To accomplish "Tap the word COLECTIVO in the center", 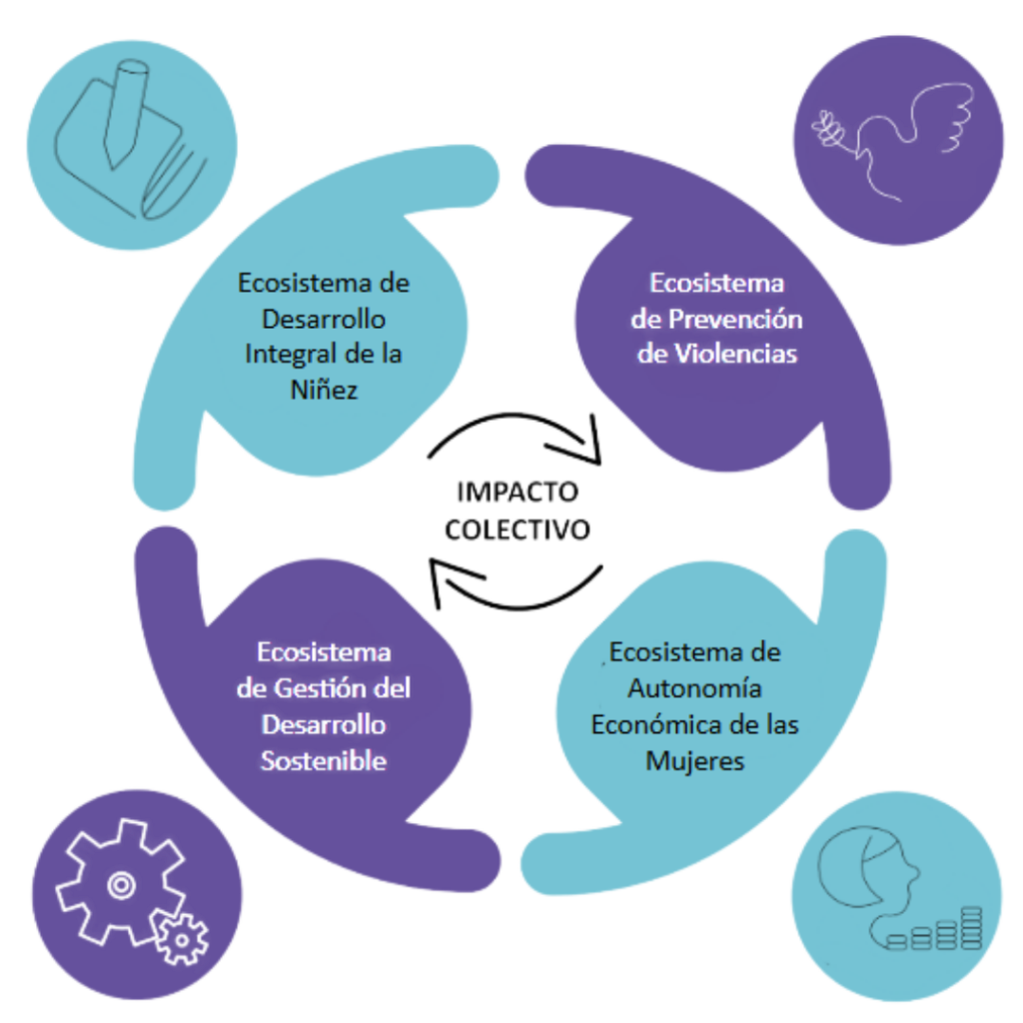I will coord(516,527).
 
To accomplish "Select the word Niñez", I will coord(323,389).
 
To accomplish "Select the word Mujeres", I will coord(694,759).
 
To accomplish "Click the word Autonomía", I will coord(695,689).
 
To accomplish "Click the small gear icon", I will coord(182,938).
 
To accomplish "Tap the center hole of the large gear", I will coord(120,881).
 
